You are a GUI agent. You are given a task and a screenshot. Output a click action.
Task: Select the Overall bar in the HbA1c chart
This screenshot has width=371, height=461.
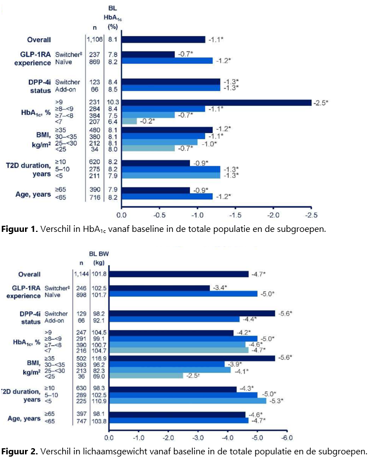click(x=163, y=39)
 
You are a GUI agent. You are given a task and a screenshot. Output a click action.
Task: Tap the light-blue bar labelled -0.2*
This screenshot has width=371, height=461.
click(x=129, y=121)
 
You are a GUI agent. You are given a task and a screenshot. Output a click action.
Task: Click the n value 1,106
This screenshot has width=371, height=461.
click(x=94, y=39)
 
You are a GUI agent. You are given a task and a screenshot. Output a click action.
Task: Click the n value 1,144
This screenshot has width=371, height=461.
click(x=81, y=273)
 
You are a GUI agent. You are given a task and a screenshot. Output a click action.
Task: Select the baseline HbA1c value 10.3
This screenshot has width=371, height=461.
click(x=113, y=102)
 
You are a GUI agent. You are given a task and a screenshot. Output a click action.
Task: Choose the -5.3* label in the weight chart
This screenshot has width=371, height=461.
click(x=277, y=401)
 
